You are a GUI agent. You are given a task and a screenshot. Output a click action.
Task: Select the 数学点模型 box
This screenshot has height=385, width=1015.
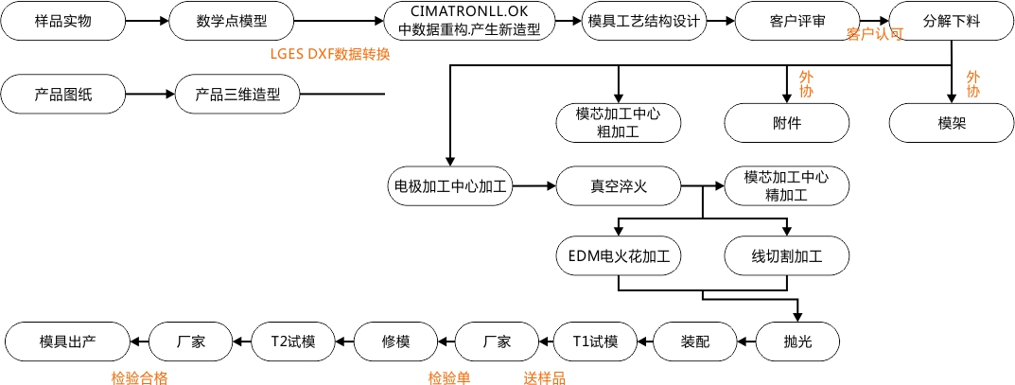(x=231, y=20)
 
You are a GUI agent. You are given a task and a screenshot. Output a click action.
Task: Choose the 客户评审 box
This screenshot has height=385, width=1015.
(x=796, y=20)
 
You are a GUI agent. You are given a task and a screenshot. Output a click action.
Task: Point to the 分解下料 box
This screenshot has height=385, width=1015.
(x=952, y=20)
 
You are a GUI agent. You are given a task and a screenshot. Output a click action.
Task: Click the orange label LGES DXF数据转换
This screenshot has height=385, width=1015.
(x=329, y=54)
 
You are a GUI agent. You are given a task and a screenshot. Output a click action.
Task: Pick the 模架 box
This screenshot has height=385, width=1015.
(x=952, y=123)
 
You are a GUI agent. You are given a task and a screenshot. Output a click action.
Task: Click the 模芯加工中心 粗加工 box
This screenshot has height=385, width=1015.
(x=618, y=123)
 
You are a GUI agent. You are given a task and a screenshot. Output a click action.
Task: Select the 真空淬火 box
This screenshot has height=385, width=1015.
(x=618, y=186)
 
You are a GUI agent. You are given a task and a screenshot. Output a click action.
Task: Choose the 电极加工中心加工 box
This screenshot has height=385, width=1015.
(x=450, y=186)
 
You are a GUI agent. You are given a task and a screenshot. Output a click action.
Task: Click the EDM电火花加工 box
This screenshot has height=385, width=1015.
(x=618, y=256)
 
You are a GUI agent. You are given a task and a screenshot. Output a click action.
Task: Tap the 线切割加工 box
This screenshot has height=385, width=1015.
(x=787, y=256)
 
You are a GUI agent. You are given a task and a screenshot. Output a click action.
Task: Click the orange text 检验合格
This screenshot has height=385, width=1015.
(x=138, y=378)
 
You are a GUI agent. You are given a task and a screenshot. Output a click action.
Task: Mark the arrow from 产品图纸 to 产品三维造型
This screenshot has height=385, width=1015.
(x=149, y=94)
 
